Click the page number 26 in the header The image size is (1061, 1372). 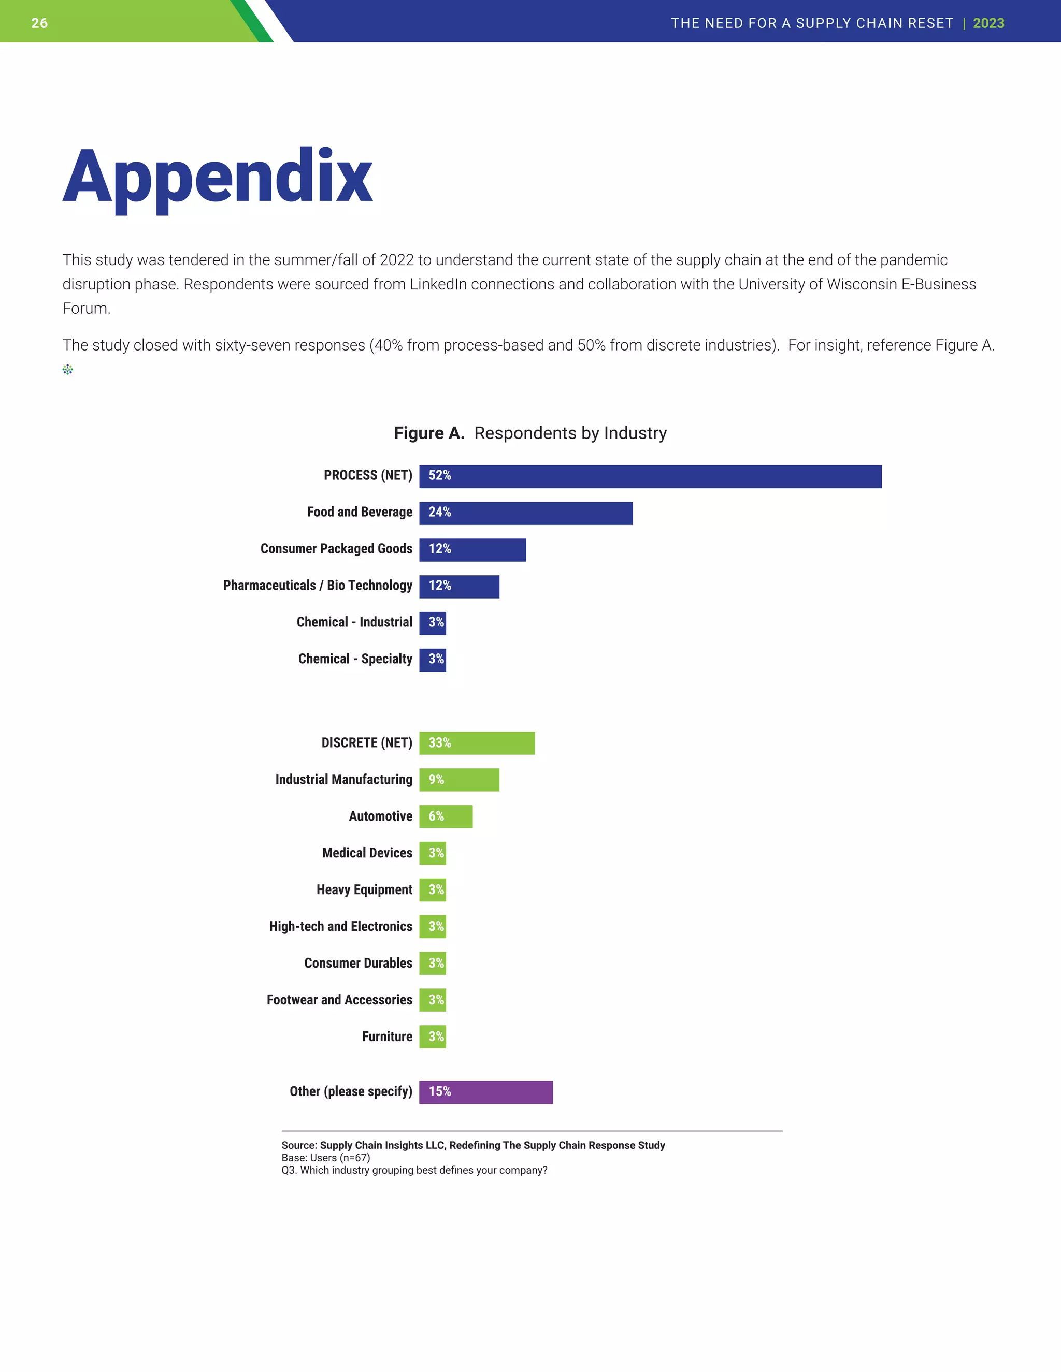39,23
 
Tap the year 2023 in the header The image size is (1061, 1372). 988,23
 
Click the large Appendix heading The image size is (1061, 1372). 218,177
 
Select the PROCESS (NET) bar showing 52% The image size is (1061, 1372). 650,476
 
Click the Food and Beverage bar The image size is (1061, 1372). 525,513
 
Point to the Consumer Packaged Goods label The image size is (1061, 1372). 336,549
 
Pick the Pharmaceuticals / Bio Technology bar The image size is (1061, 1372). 459,586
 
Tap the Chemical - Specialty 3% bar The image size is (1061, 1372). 433,660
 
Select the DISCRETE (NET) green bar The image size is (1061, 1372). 477,742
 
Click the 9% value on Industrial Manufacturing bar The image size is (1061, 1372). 436,780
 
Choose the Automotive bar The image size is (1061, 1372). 446,816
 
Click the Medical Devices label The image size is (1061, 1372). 367,853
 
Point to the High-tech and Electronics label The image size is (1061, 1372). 341,927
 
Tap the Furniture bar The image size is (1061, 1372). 433,1037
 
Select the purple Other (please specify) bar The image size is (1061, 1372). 485,1092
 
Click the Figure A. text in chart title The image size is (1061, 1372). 428,433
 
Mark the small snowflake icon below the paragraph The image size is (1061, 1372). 68,369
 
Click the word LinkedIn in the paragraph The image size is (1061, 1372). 438,285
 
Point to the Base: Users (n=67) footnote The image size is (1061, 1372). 325,1158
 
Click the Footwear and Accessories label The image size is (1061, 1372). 339,1000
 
